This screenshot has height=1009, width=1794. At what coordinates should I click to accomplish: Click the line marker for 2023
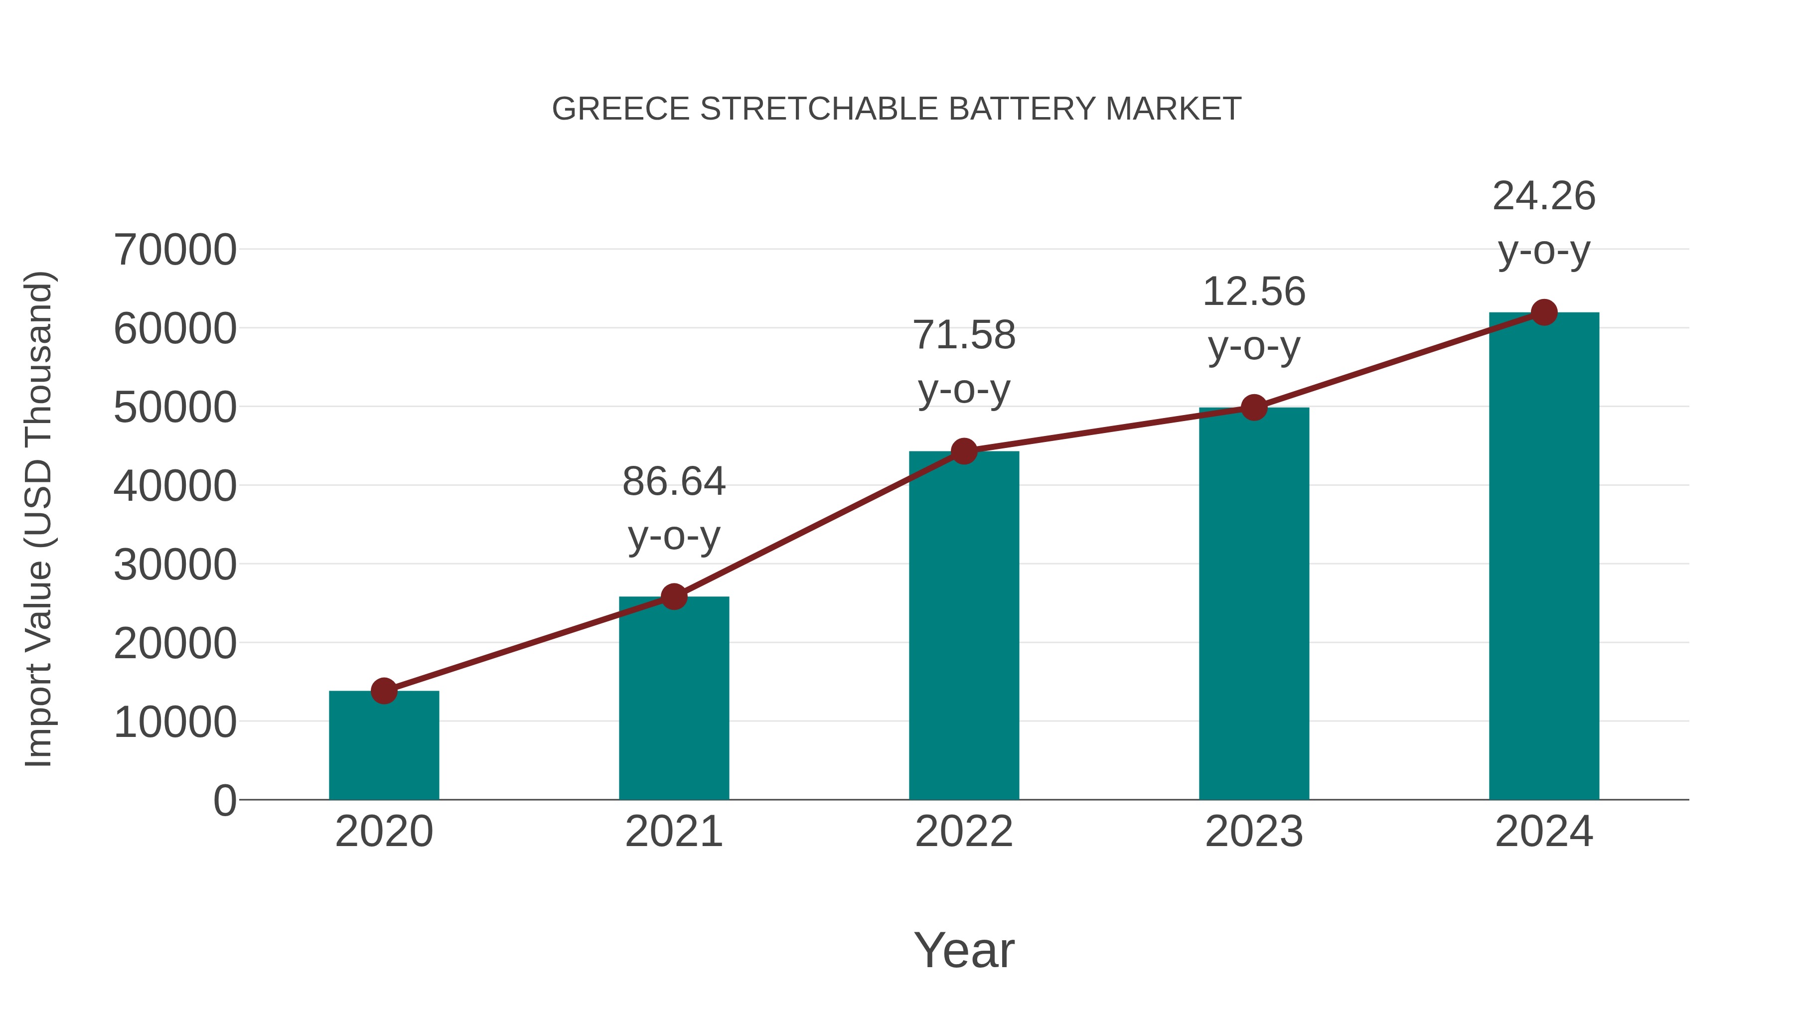click(x=1254, y=408)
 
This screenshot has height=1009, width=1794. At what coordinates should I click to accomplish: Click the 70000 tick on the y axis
click(x=175, y=250)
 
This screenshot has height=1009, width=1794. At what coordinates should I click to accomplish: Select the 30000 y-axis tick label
click(x=175, y=565)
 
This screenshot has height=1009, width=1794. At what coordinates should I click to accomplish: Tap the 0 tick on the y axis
click(x=225, y=800)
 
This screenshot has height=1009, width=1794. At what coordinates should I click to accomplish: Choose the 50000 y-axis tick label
click(x=175, y=408)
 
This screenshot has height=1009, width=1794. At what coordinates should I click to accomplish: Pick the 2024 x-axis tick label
click(x=1544, y=832)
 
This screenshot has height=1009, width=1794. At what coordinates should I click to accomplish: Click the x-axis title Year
click(x=964, y=950)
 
